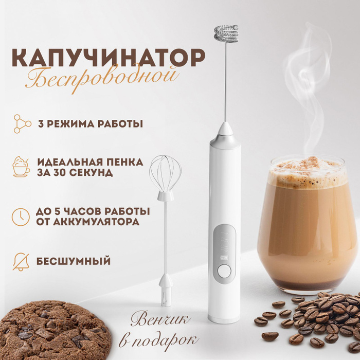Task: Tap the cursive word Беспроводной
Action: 102,78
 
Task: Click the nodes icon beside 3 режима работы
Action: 21,123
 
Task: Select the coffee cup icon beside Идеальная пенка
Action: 21,167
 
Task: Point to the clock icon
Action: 21,216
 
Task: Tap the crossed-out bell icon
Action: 21,261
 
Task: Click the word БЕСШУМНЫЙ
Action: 74,261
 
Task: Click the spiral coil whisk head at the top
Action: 226,34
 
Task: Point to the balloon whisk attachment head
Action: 165,175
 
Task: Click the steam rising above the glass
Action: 306,87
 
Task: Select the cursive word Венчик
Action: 160,320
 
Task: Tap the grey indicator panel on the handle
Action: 224,247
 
